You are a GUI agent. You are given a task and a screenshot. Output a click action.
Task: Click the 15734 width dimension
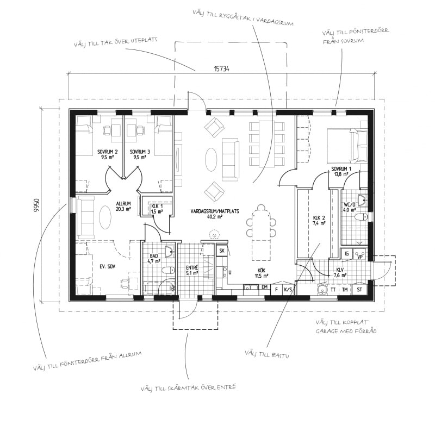pos(221,69)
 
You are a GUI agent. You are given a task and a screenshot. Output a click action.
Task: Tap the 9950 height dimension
pos(36,205)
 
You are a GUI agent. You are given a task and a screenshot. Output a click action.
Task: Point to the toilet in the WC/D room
pos(361,217)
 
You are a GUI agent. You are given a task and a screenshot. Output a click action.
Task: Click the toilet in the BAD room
pos(169,270)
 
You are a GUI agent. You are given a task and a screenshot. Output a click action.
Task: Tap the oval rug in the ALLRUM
pos(105,217)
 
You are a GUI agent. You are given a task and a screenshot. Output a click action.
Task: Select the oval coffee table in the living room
pos(211,160)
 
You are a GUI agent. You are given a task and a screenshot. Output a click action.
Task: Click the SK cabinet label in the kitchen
pos(222,251)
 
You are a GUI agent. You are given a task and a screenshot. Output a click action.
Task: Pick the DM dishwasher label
pos(264,287)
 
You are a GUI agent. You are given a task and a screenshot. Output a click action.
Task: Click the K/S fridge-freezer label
pos(288,290)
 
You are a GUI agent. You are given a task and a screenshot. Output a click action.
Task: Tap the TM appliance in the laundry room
pos(345,290)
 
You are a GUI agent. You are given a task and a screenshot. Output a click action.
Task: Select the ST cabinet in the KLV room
pos(359,290)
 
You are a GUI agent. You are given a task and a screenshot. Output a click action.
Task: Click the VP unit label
pos(361,257)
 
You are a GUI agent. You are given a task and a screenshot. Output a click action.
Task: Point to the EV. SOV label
pos(108,267)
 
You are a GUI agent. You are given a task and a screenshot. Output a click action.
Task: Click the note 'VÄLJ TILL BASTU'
pos(267,354)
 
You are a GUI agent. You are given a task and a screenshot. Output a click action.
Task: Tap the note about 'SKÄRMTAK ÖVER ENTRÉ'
pos(188,387)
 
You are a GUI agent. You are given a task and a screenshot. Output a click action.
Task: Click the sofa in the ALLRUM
pos(85,217)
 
